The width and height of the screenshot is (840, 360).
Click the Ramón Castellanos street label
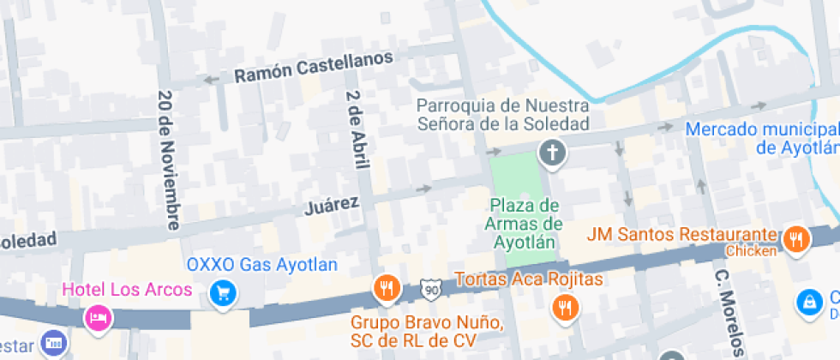[x=314, y=67]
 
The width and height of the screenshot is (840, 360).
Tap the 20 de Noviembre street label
[x=168, y=159]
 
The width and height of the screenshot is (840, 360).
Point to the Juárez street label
[x=331, y=206]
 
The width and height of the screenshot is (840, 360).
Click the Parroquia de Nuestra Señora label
[x=503, y=114]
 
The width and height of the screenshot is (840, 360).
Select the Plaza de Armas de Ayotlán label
[x=525, y=223]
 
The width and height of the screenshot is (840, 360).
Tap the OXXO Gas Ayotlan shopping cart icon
[x=223, y=293]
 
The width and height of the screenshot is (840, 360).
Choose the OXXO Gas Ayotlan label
[x=261, y=264]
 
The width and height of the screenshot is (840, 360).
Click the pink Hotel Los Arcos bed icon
[x=98, y=318]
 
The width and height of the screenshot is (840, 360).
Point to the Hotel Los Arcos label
[x=127, y=290]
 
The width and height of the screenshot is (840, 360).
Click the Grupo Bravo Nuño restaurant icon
[x=387, y=287]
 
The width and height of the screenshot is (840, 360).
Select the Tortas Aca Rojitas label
[x=529, y=279]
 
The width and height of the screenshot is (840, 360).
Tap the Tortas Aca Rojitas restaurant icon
[x=565, y=306]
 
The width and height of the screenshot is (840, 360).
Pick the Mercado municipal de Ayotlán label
[x=763, y=137]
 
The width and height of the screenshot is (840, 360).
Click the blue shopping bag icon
[x=807, y=302]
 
